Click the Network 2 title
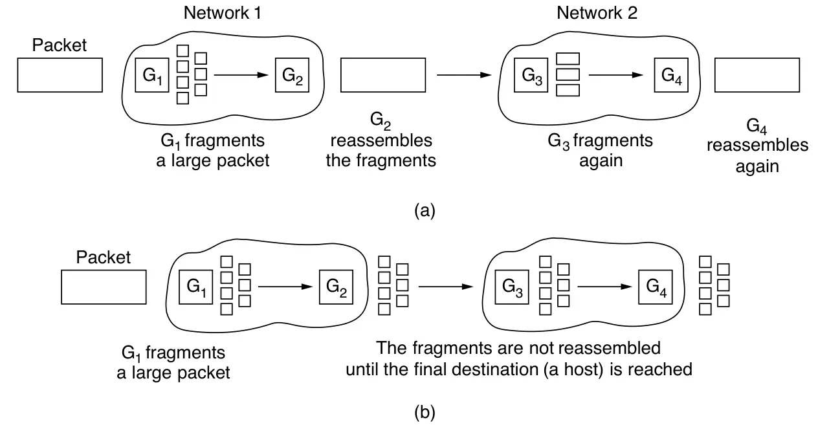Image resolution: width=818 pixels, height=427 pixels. (x=596, y=13)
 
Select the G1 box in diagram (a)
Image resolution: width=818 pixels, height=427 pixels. (x=152, y=75)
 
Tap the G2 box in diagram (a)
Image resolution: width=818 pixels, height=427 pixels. (x=291, y=75)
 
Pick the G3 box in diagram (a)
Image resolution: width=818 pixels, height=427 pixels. (x=531, y=75)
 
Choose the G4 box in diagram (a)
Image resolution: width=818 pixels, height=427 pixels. (x=670, y=75)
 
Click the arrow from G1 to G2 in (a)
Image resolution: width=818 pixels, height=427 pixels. (x=240, y=75)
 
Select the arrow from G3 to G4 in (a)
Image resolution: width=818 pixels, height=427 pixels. (x=615, y=75)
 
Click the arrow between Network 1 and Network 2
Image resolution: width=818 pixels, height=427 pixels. (x=463, y=76)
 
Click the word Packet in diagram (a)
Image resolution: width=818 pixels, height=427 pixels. (x=60, y=45)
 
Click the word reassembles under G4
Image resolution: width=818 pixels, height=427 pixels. (x=757, y=145)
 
